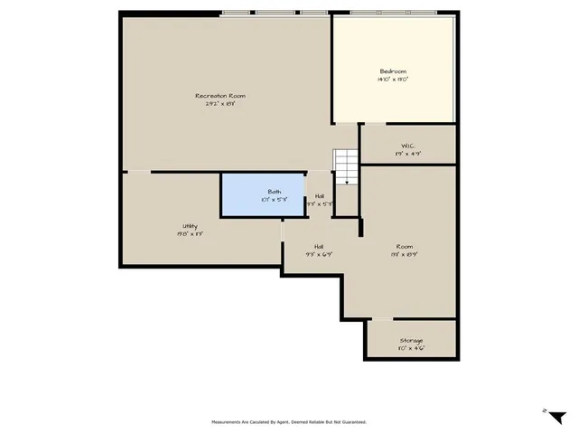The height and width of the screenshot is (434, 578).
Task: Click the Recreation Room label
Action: pos(220,96)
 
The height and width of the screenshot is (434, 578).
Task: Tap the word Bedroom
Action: pos(392,71)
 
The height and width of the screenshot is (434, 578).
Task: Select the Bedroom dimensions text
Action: pos(392,80)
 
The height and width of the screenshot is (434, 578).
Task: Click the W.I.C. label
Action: pos(407,146)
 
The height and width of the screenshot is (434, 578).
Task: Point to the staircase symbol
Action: pos(346,166)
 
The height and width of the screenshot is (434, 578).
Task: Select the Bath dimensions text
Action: pos(274,200)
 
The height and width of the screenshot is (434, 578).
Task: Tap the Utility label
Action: pos(190,226)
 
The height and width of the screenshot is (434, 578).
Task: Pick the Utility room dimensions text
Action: pos(190,234)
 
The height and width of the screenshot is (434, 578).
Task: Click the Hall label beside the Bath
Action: pos(320,195)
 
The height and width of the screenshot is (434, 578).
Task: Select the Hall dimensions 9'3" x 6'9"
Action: pos(319,254)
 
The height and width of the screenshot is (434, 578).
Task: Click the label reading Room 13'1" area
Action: pos(404,246)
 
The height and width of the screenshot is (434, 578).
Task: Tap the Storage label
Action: pos(411,341)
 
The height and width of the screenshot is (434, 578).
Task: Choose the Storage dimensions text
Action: pos(411,349)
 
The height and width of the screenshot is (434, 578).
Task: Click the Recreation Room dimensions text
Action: pos(220,104)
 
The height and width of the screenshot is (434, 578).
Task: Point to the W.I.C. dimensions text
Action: pos(407,154)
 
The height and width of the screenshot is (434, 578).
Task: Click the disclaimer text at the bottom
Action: pos(289,421)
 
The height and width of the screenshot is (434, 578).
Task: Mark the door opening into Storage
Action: pos(383,318)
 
